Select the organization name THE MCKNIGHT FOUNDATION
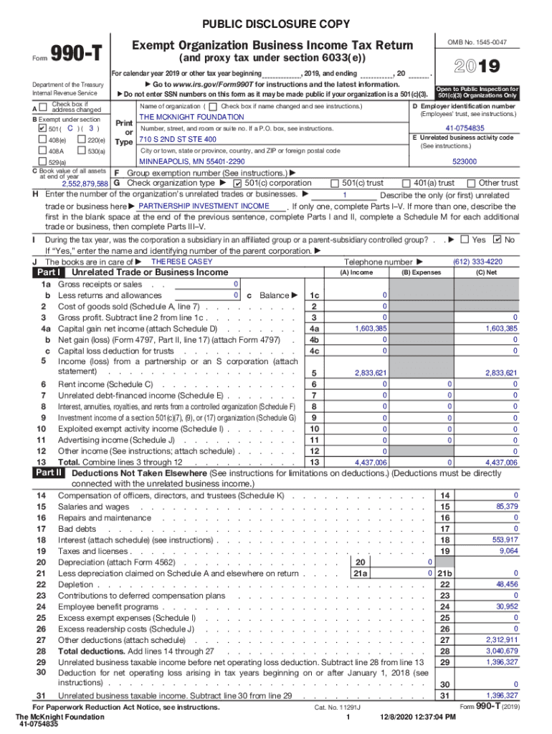(191, 117)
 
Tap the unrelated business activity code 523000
(465, 162)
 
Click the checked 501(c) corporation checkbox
(239, 183)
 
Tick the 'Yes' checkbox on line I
(465, 239)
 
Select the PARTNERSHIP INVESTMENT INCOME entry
(204, 206)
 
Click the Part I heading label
(49, 272)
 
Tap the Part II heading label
(49, 473)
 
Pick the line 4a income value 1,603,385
(371, 328)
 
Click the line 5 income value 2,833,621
(371, 373)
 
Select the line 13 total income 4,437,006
(371, 463)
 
